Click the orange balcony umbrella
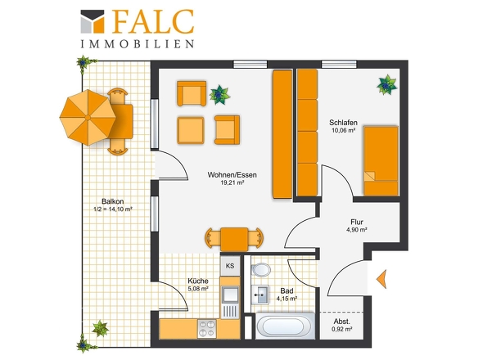tap(88, 117)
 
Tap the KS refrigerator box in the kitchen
tap(230, 266)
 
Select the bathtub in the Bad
tap(283, 326)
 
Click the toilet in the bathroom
tap(260, 270)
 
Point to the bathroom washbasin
tap(260, 295)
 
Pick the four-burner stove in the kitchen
tap(207, 329)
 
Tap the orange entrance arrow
tap(381, 279)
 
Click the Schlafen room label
tap(343, 122)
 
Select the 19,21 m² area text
tap(232, 182)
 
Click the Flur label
tap(357, 222)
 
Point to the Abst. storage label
tap(342, 322)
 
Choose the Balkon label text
tap(113, 201)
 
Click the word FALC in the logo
tap(153, 21)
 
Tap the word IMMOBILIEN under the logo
tap(138, 43)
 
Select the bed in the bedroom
tap(381, 160)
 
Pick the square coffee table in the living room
tap(191, 131)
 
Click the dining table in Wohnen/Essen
tap(234, 239)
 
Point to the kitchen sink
tap(230, 295)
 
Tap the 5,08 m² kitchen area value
tap(198, 289)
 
